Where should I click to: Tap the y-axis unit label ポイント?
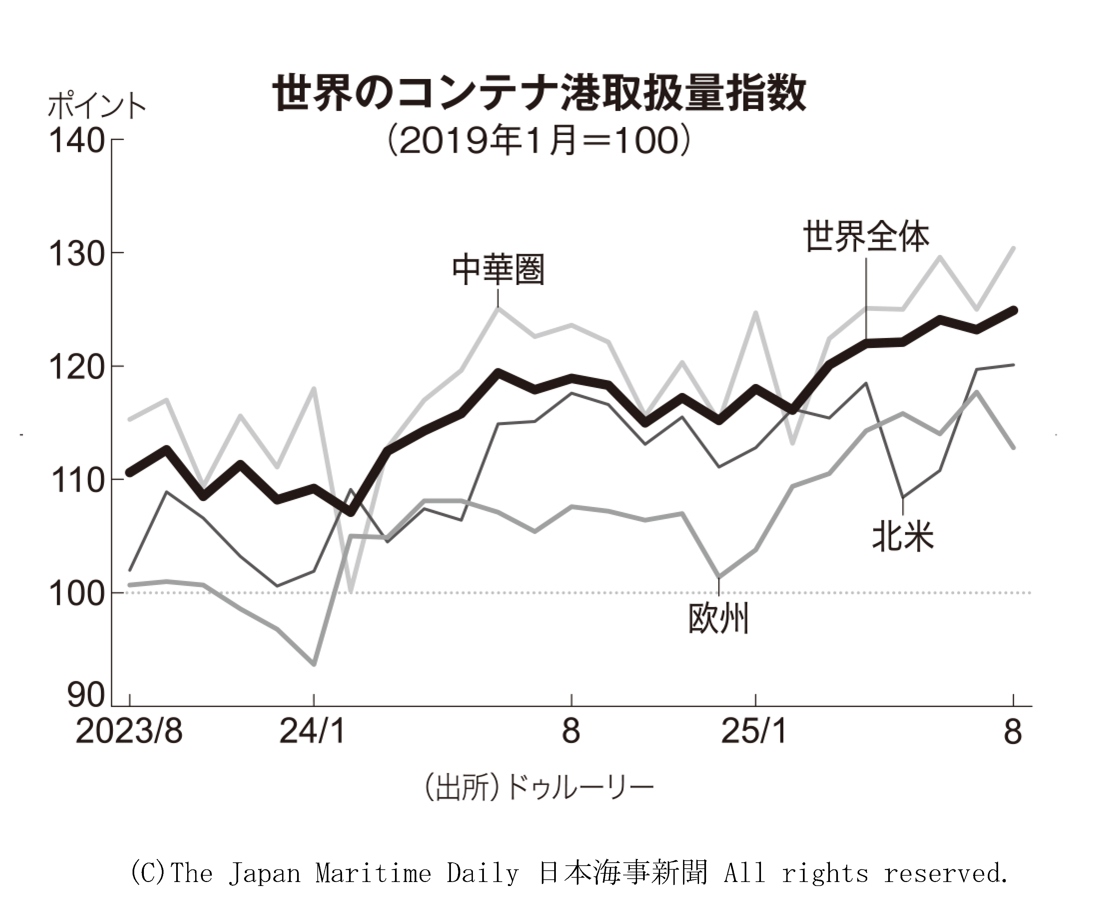pyautogui.click(x=97, y=106)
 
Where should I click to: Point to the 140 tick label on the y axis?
pyautogui.click(x=77, y=140)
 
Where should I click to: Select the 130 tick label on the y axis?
pyautogui.click(x=77, y=254)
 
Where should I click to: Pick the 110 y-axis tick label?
pyautogui.click(x=77, y=481)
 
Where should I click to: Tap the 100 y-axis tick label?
pyautogui.click(x=77, y=593)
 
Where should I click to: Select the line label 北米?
pyautogui.click(x=903, y=536)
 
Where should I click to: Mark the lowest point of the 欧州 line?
pyautogui.click(x=314, y=664)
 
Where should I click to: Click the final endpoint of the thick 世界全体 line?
pyautogui.click(x=1013, y=310)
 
